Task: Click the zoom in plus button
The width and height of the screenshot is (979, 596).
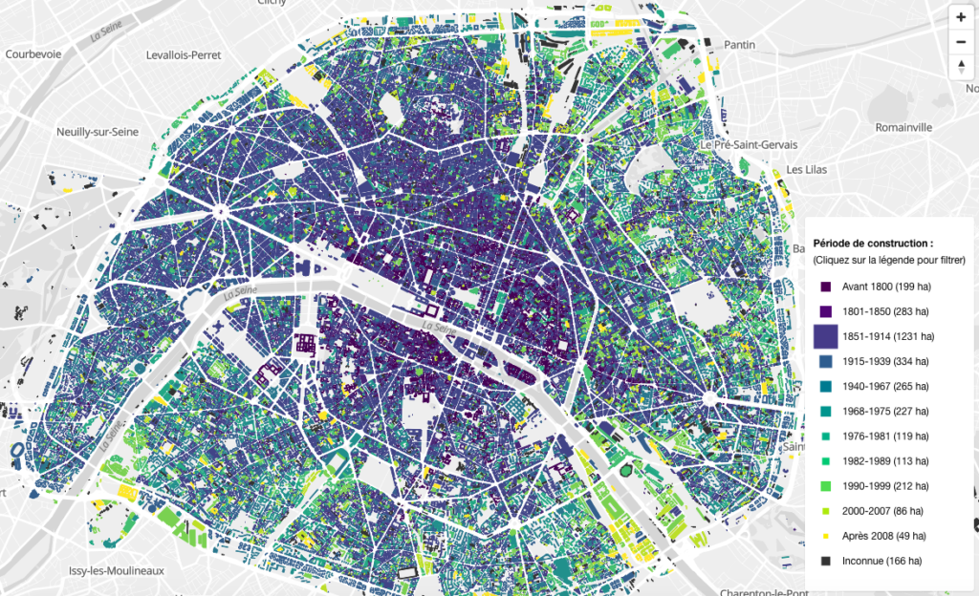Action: (961, 17)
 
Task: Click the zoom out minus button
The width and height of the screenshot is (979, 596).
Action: (961, 41)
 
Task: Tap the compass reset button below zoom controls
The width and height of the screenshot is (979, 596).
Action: (961, 66)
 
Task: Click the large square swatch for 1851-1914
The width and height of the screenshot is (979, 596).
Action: (826, 335)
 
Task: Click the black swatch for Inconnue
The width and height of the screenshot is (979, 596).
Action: (826, 561)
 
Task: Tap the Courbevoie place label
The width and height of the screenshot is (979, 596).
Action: (33, 54)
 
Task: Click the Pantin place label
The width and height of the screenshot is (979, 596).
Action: (740, 45)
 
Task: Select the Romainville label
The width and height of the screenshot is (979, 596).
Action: (903, 126)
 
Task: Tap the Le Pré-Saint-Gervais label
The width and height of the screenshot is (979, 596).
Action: (742, 144)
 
